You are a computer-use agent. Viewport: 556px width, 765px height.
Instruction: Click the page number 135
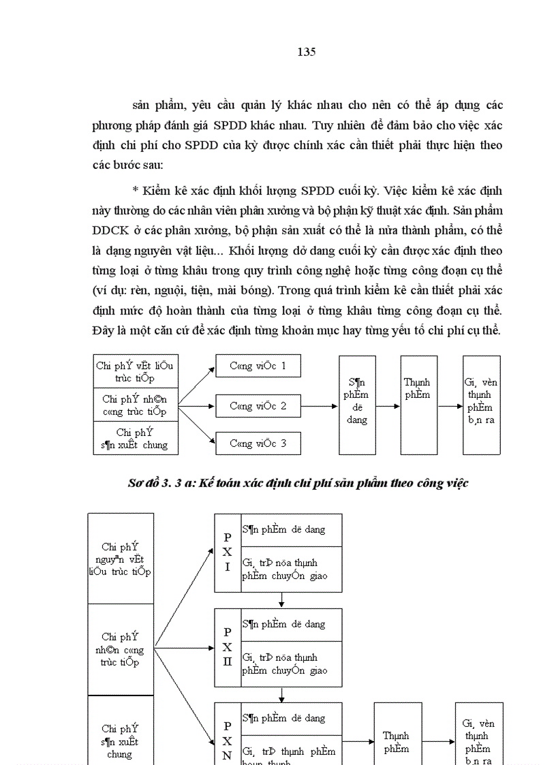[x=306, y=52]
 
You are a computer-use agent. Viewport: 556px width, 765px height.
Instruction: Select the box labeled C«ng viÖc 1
[x=258, y=366]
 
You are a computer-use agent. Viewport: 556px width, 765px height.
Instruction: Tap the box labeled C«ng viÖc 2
[x=258, y=406]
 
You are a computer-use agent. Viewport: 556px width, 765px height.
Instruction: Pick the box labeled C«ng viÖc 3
[x=258, y=443]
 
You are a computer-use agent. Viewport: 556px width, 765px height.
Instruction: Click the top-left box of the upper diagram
[x=134, y=371]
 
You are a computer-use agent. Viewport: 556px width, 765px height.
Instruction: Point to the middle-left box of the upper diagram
[x=134, y=405]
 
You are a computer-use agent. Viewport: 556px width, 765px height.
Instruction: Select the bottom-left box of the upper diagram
[x=134, y=438]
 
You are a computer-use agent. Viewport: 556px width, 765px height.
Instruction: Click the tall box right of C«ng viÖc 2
[x=356, y=405]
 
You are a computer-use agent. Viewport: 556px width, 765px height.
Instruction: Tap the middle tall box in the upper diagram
[x=417, y=405]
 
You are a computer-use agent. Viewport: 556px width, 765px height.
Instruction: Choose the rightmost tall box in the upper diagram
[x=481, y=405]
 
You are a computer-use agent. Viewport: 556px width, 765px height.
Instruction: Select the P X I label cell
[x=228, y=552]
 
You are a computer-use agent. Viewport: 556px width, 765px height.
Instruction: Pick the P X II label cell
[x=228, y=646]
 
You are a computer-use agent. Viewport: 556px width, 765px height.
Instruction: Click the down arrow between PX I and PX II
[x=281, y=599]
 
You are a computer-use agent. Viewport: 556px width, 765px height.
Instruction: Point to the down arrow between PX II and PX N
[x=281, y=694]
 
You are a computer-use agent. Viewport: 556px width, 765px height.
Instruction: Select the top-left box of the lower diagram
[x=120, y=559]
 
